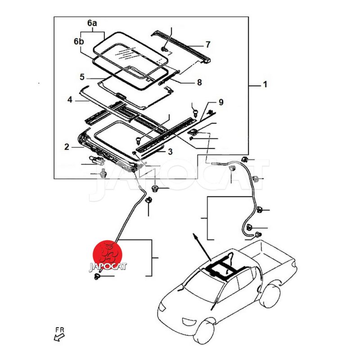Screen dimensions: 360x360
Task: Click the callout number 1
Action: [x=265, y=84]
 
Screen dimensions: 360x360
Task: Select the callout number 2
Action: [x=67, y=147]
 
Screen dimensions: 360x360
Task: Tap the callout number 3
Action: [x=170, y=152]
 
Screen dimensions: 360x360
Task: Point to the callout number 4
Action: [x=70, y=99]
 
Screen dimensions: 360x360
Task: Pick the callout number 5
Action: [x=82, y=77]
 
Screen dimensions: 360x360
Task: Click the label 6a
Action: [x=92, y=22]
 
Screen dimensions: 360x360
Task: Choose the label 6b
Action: [x=79, y=41]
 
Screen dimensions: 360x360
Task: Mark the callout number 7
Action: [x=207, y=45]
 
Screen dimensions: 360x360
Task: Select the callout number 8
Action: [x=199, y=83]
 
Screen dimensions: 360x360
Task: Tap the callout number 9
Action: [x=220, y=103]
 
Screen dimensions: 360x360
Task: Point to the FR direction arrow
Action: [x=58, y=338]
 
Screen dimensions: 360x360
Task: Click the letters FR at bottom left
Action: [x=59, y=330]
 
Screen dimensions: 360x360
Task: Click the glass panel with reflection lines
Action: [x=133, y=53]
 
